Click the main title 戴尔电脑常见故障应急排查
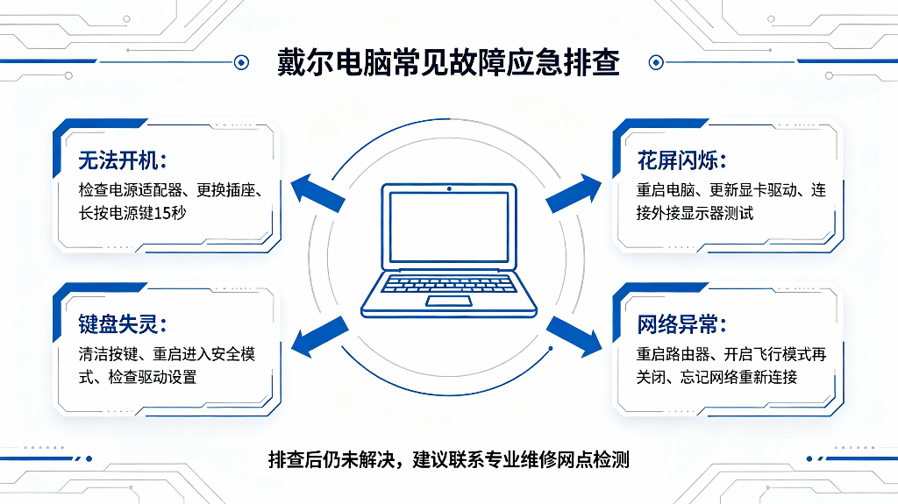[448, 62]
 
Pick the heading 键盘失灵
[122, 324]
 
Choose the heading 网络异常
[681, 324]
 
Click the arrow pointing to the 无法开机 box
[317, 193]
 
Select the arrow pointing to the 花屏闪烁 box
[574, 193]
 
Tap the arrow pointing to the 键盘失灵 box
[319, 337]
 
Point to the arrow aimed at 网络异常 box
[574, 337]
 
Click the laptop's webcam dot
[449, 188]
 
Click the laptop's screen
[449, 227]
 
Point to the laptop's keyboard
[448, 283]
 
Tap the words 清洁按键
[108, 354]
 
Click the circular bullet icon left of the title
[242, 62]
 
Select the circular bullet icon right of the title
[656, 62]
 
